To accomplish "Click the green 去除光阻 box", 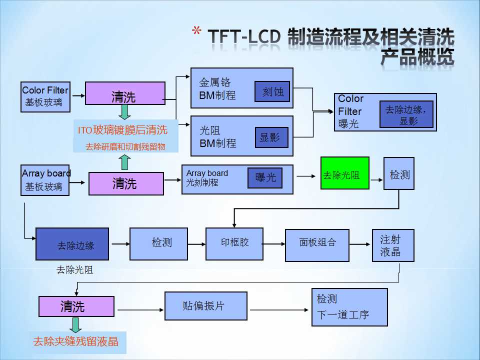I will pos(344,173).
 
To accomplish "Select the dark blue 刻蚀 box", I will pos(272,91).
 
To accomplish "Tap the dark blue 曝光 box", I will pos(264,178).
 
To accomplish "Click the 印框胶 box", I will pos(234,243).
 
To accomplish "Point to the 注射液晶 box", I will pos(393,245).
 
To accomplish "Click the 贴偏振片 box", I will pos(205,306).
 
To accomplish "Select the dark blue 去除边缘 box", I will pos(72,244).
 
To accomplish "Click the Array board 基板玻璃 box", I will pos(45,180).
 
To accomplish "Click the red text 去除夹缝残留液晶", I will pos(76,342).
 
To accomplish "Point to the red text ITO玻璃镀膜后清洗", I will pos(122,130).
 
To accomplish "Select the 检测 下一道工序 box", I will pos(349,307).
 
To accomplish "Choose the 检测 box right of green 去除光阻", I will pos(399,173).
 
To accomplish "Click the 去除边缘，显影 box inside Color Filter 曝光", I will pos(406,114).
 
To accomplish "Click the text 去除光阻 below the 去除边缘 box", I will pos(75,270).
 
